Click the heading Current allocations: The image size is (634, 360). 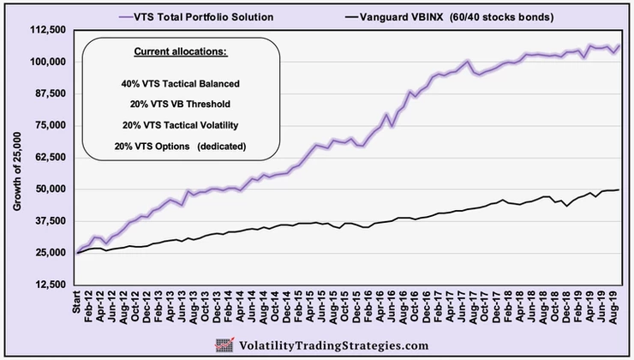coord(180,53)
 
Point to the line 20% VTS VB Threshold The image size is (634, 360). coord(181,104)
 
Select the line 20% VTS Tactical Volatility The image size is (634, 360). coord(181,125)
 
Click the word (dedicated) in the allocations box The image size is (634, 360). coord(221,147)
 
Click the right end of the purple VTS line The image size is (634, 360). coord(619,45)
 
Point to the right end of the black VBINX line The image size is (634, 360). coord(619,189)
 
